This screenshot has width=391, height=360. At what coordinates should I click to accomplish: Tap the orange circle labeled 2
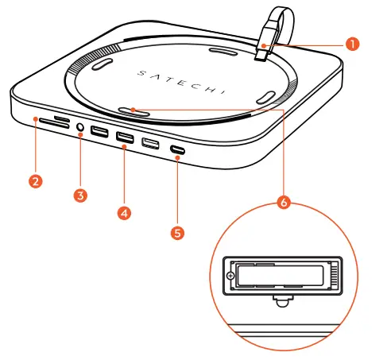[x=34, y=180]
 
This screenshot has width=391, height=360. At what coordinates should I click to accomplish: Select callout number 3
[x=81, y=194]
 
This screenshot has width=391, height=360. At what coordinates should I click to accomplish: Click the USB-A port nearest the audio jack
[x=101, y=132]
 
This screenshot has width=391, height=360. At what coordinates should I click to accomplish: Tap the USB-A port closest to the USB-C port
[x=150, y=144]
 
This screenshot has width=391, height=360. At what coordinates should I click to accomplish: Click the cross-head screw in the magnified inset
[x=231, y=277]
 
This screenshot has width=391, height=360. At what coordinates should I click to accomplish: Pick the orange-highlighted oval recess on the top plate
[x=133, y=112]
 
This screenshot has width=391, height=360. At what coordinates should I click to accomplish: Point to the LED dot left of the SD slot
[x=36, y=118]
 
